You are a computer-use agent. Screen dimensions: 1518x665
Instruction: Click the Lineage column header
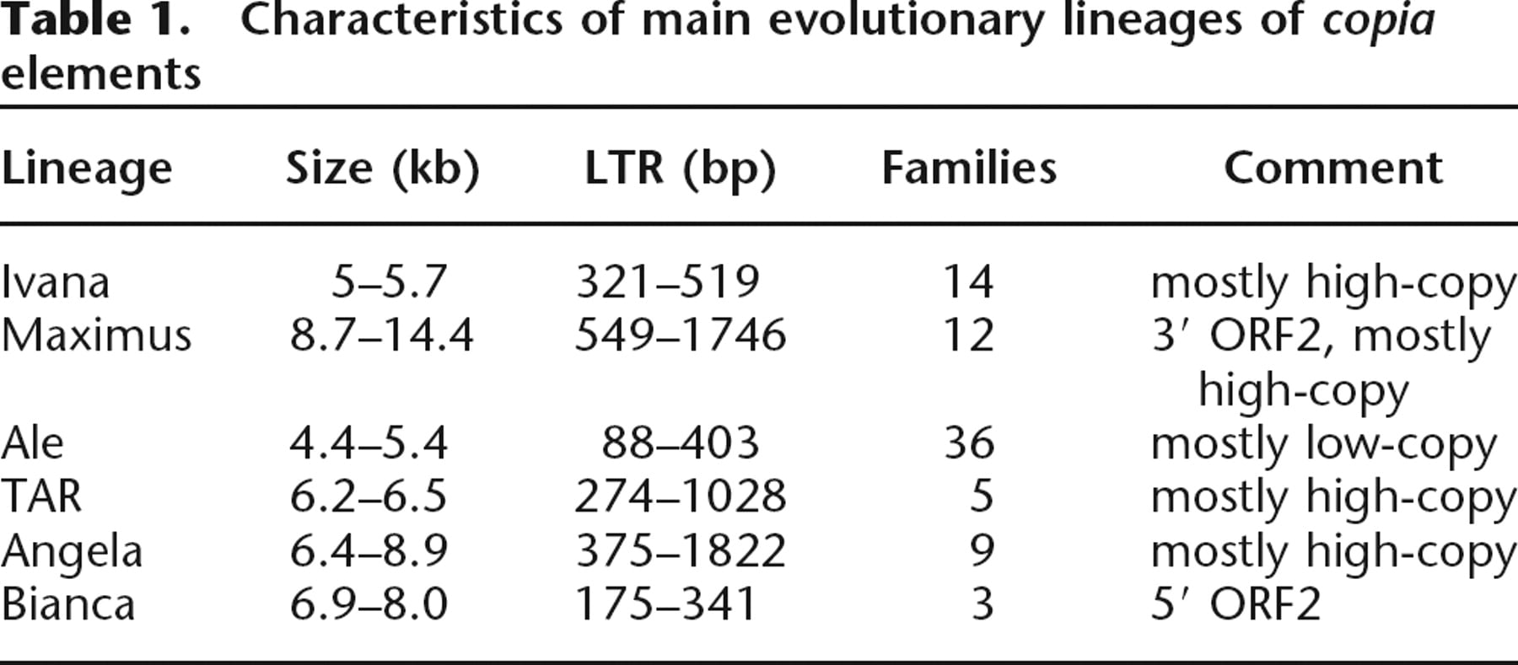87,169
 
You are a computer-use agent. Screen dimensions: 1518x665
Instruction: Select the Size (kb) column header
383,169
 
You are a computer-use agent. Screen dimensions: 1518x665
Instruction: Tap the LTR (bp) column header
680,169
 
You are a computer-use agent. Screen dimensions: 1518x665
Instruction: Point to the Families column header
969,168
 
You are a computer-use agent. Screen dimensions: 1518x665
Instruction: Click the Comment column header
1333,168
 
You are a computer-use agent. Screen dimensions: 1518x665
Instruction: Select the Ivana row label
56,282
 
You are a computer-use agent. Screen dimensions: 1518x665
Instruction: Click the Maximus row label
96,335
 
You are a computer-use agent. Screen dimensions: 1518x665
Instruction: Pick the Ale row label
32,442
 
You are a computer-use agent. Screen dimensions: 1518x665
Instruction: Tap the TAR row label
41,496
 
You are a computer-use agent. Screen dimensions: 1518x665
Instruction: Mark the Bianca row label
67,603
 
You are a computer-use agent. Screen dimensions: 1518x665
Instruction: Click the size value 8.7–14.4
382,335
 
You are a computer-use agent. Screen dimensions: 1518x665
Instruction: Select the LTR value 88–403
680,442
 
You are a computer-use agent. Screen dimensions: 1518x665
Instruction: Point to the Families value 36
969,442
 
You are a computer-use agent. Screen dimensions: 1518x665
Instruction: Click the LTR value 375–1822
681,550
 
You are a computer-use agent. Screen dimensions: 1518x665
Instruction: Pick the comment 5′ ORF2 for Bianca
1235,603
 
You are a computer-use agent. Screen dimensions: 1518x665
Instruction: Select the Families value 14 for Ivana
968,282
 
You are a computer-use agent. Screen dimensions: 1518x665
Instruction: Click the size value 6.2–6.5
369,496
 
